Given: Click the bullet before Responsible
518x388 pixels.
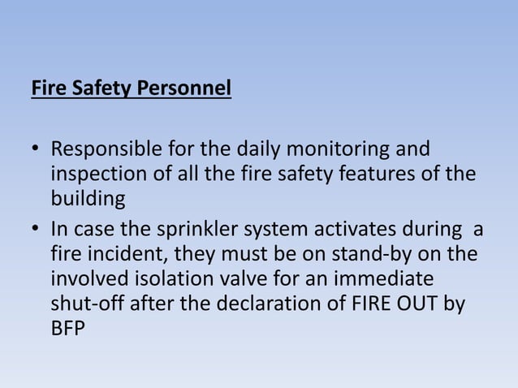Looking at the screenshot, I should pos(36,152).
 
